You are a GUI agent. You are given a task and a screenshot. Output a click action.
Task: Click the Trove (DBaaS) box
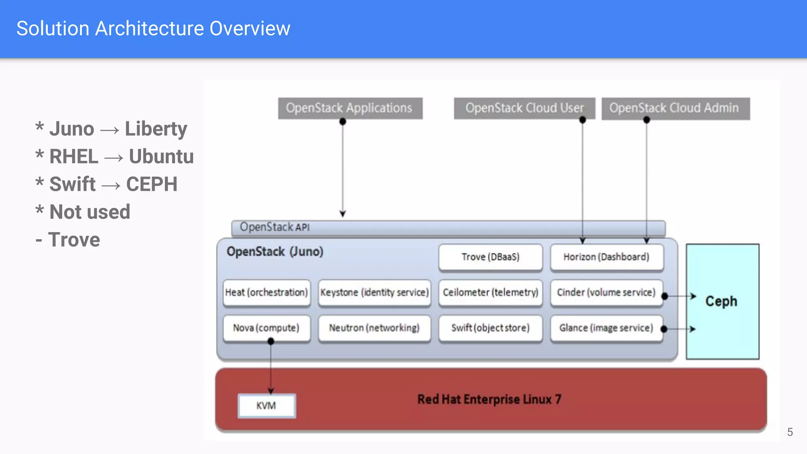(490, 257)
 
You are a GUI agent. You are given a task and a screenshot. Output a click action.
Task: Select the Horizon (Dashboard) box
(606, 257)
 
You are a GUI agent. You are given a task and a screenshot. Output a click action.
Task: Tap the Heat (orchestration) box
(266, 292)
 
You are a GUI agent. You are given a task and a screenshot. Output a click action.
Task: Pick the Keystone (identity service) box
(374, 292)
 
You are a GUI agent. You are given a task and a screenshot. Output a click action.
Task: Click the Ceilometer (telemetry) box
(490, 292)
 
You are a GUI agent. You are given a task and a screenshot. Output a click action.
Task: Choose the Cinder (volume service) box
(606, 292)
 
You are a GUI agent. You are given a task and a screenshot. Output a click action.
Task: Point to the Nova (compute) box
(266, 328)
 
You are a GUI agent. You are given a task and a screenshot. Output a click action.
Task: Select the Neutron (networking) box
(374, 328)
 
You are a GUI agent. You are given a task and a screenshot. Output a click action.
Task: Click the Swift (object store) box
(490, 328)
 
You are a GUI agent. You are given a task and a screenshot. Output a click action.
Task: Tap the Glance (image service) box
(606, 328)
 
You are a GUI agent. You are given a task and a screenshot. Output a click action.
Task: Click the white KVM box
(266, 406)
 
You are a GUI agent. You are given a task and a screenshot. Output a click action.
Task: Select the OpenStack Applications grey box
(350, 108)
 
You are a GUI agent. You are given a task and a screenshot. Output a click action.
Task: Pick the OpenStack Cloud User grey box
(524, 108)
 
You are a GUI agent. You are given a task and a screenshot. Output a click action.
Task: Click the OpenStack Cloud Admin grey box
(675, 108)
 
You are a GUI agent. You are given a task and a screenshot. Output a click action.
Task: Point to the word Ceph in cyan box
(721, 301)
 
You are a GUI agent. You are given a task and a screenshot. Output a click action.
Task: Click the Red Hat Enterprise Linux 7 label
(489, 399)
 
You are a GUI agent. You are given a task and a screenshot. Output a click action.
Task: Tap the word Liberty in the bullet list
(156, 129)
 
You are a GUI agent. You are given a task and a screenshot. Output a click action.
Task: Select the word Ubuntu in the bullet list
(161, 156)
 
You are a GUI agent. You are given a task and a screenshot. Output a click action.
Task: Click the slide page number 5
(790, 432)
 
